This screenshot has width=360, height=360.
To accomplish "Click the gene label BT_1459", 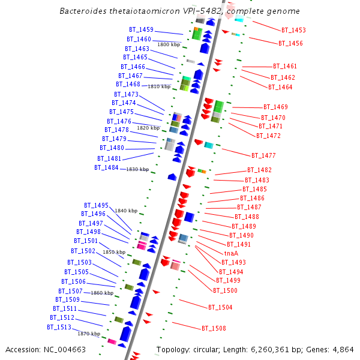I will [x=141, y=29].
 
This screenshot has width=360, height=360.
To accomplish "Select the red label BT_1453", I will [x=293, y=30].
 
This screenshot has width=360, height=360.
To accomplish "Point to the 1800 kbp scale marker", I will [x=169, y=44].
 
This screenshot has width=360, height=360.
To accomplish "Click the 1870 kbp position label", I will [x=89, y=333].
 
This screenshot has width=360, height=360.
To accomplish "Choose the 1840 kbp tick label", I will [x=126, y=211].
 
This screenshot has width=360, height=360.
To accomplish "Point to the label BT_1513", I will [x=59, y=327].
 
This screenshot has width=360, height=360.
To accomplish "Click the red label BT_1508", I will [x=214, y=328].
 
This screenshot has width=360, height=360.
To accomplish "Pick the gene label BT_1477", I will [x=263, y=155].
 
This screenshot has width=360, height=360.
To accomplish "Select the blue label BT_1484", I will [x=106, y=167].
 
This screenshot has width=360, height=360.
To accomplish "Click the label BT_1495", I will [x=96, y=205].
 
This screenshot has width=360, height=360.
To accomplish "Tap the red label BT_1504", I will [x=220, y=307].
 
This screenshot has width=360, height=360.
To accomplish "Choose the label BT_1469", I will [x=275, y=107].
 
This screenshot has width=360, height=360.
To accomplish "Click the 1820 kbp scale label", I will [x=148, y=128].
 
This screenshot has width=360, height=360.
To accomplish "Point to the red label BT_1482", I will [x=259, y=170].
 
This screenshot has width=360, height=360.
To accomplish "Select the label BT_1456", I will [x=290, y=43].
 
